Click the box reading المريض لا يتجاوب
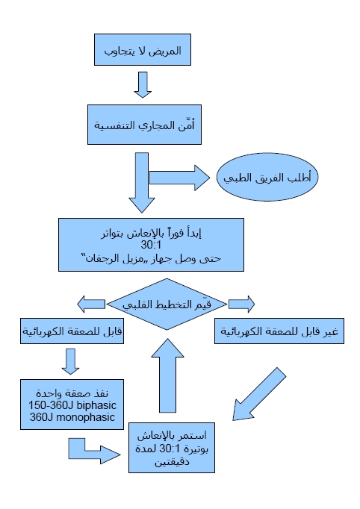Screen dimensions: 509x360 (142, 54)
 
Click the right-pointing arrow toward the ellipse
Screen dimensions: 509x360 (181, 178)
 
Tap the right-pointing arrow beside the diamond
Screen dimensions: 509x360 (241, 304)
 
